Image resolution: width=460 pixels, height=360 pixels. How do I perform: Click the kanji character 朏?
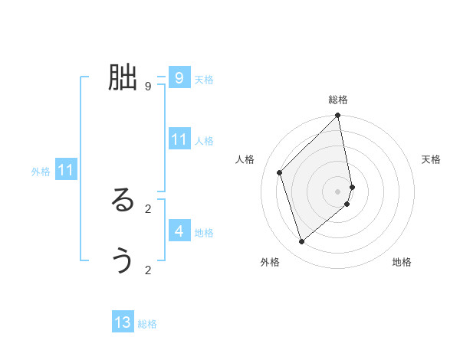coord(123,77)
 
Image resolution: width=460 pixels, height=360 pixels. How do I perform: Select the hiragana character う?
coord(123,261)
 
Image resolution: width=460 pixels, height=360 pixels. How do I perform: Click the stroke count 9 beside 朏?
coord(147,87)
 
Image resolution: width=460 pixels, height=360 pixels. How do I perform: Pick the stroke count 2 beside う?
coord(147,270)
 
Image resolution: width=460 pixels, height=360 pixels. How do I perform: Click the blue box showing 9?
coord(179,78)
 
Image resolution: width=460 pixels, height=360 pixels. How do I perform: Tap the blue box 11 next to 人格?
coord(179,139)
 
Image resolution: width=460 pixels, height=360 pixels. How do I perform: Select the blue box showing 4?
coord(179,231)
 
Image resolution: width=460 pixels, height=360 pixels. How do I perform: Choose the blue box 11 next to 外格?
coord(66,170)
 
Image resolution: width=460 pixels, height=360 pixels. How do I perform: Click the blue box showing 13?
coord(123,322)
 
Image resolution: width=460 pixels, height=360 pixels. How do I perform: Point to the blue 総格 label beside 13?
coord(147,324)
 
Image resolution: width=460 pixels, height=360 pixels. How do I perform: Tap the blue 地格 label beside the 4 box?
coord(204,233)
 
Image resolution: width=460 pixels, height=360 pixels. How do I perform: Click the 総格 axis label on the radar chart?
coord(338,100)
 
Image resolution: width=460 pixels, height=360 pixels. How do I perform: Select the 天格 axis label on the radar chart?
coord(432,159)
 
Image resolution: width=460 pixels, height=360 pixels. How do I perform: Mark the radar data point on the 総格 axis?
coord(338,116)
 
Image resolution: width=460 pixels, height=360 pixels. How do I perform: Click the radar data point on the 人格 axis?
coord(280,172)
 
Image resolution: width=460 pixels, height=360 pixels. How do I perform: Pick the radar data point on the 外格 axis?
coord(302,241)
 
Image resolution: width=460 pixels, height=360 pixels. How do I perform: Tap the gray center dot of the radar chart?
coord(338,191)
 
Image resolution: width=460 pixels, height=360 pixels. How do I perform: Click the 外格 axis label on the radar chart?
coord(270,262)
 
